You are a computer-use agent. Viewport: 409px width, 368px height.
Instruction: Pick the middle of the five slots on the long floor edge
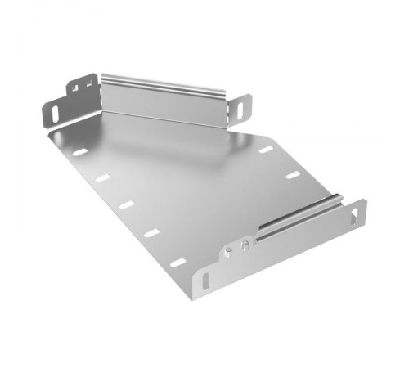coord(125,204)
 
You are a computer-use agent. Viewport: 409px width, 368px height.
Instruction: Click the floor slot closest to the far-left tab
coord(79,152)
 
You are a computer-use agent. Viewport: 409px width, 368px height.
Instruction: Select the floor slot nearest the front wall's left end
coord(178,263)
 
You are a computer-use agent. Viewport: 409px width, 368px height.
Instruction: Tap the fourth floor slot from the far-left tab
coord(151,233)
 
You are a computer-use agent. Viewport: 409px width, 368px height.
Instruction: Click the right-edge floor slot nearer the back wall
coord(265,150)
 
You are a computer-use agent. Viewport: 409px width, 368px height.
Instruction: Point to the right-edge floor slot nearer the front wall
coord(291,174)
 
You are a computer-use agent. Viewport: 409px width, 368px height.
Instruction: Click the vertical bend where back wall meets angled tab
coord(98,94)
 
